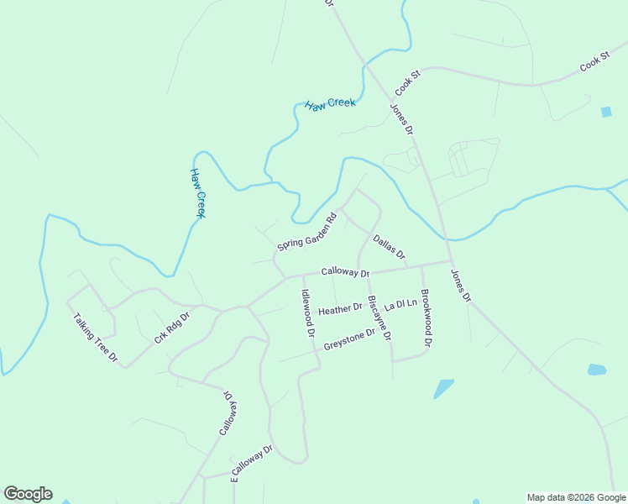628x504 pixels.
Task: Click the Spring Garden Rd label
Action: pos(306,231)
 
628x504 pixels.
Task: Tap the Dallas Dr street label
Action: pos(390,247)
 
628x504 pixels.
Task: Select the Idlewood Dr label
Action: pos(307,313)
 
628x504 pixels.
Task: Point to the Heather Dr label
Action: pos(340,310)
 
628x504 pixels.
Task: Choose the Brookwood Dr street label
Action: pos(426,318)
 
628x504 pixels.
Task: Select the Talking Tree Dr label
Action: pos(96,337)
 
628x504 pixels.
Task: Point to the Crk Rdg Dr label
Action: pos(172,328)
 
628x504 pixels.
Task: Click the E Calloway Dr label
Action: pos(252,464)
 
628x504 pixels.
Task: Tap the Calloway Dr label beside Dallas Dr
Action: pos(345,273)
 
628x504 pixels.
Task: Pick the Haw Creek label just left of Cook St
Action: pos(330,104)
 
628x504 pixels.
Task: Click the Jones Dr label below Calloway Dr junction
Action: pos(461,286)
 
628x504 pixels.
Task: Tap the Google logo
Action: pos(29,494)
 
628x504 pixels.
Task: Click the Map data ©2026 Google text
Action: pos(577,497)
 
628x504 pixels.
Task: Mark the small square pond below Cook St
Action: pos(606,112)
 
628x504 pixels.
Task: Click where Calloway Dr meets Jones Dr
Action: pos(450,261)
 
